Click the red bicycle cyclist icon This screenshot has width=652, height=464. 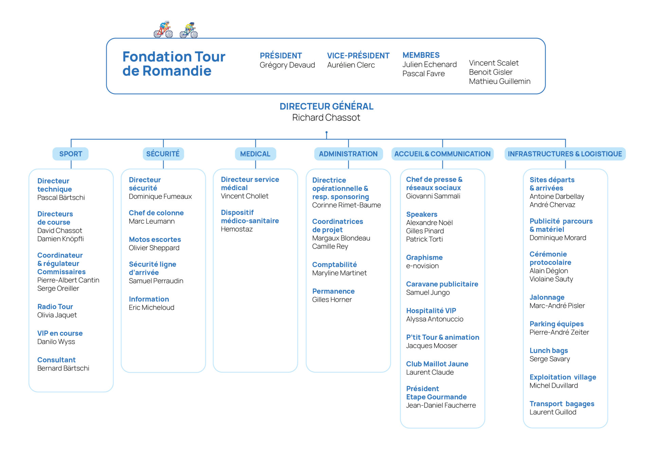coord(163,30)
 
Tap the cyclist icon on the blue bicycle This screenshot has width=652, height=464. coord(189,30)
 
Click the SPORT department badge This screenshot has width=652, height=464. coord(71,154)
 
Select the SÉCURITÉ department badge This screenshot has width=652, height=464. coord(163,154)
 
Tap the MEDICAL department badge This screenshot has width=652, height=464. coord(255,154)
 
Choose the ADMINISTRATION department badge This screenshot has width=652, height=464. coord(348,154)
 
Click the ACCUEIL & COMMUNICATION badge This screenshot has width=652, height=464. coord(442,154)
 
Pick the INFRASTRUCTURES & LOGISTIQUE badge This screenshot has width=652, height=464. coord(565,154)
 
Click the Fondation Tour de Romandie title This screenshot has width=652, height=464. coord(174,64)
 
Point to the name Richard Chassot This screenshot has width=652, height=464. coord(326,118)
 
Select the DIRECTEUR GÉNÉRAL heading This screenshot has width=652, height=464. coord(326,106)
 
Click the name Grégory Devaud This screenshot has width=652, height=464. coord(287,65)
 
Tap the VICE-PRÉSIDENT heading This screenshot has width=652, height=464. coord(358,56)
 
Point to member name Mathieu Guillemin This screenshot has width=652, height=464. coord(500,82)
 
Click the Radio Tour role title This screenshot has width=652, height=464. coord(55,307)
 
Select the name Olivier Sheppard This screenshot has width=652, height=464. coord(154,248)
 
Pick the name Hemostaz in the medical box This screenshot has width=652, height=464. coord(237,229)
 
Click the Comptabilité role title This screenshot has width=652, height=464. coord(334,264)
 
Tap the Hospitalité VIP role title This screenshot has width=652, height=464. coord(431,311)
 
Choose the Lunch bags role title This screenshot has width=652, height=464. coord(548,350)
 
